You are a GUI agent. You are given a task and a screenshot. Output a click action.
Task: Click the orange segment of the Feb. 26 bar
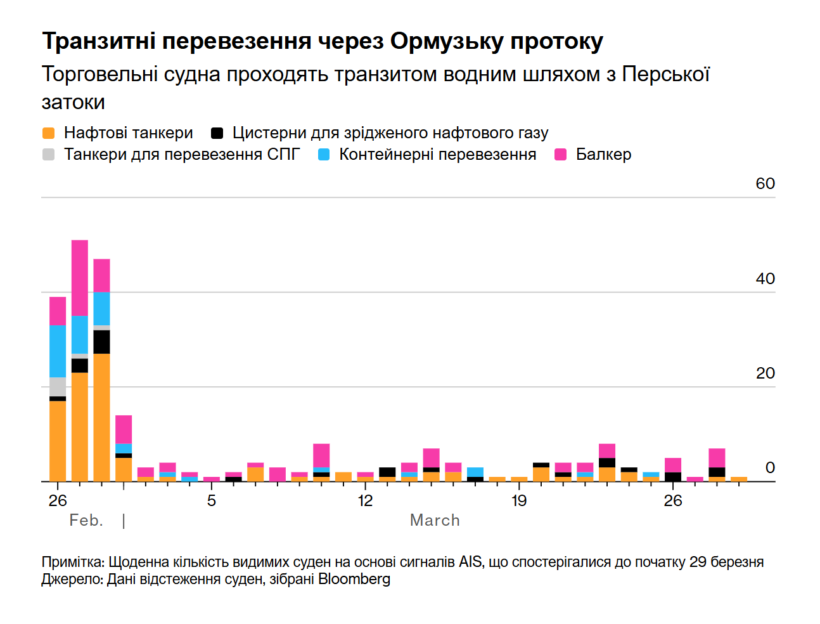point(58,441)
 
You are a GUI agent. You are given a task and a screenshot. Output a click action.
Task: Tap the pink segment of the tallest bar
point(80,277)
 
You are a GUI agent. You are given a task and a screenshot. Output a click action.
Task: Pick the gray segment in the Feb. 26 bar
point(58,386)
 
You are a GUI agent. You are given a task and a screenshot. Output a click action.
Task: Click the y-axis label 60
point(765,184)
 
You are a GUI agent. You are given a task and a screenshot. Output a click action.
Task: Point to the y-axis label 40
point(765,278)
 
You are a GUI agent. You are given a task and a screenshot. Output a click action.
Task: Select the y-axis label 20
point(765,373)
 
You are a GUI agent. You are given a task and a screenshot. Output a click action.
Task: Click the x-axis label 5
point(211,500)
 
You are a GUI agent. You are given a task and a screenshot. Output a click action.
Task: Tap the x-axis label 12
point(365,500)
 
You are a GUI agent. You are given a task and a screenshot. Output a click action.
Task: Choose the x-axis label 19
point(519,500)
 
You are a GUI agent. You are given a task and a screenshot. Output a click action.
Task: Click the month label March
point(435,520)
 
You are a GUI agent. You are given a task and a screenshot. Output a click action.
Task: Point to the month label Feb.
point(86,520)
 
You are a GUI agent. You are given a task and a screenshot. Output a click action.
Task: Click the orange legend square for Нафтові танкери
point(48,133)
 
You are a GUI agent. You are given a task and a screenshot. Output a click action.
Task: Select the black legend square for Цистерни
point(217,133)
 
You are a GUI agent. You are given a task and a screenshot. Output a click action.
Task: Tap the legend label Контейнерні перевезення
point(437,155)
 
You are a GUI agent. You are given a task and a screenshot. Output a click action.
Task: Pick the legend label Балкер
point(603,155)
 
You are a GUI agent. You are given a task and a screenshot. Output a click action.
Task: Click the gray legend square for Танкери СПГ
point(48,155)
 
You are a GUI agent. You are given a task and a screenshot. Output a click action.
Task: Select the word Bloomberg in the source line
point(354,579)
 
